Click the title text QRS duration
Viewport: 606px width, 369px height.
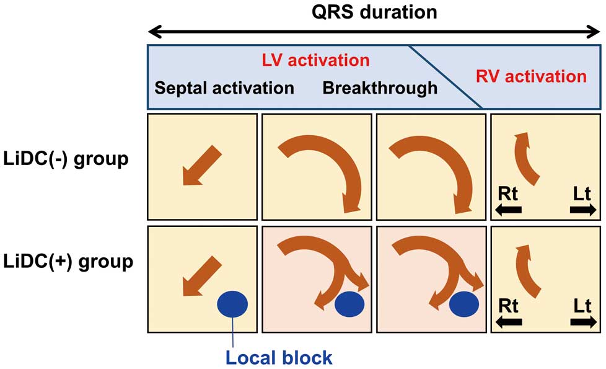374,12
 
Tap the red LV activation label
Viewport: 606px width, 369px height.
316,60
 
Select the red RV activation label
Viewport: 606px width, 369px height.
531,76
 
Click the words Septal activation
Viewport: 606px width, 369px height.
224,88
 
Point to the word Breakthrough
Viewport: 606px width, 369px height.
380,88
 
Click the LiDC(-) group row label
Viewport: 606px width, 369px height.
66,159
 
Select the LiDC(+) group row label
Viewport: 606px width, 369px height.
68,262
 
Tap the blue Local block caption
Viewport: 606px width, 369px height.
279,357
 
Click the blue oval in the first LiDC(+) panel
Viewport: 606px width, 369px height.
232,304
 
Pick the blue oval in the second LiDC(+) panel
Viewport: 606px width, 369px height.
349,304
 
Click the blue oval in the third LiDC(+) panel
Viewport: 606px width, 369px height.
463,304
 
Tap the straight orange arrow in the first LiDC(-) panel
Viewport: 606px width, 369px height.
202,166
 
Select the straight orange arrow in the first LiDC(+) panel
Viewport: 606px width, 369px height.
202,276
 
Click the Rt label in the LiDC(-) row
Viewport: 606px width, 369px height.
508,194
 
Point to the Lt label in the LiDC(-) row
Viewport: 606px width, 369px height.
582,194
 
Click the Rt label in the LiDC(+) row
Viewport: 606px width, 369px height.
508,306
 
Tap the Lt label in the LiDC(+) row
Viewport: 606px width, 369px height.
582,306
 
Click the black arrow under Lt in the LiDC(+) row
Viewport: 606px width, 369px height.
583,322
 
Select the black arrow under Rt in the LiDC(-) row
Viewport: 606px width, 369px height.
508,210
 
